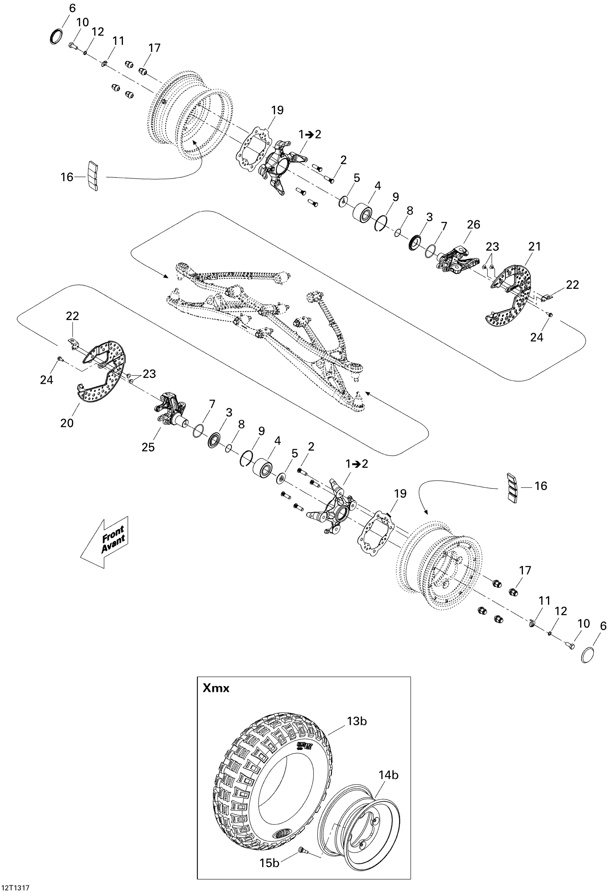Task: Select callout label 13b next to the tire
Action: (x=357, y=721)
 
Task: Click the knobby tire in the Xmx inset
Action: (x=269, y=784)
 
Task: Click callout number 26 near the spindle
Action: (x=473, y=224)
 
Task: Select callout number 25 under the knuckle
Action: (x=148, y=447)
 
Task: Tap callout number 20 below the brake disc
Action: (x=67, y=423)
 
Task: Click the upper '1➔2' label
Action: (x=310, y=134)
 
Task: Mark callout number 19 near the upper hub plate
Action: (x=277, y=110)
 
